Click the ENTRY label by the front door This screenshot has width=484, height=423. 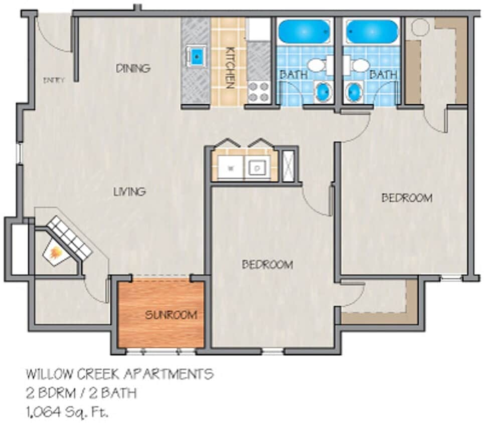pos(54,80)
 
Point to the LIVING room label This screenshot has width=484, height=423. pos(129,191)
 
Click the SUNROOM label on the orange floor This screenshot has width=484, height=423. pos(171,315)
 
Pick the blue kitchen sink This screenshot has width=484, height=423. pos(197,56)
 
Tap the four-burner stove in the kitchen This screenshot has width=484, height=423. pos(259,91)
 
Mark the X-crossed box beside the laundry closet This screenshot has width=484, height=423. pos(289,165)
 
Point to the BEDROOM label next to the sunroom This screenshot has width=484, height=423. pos(267,265)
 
